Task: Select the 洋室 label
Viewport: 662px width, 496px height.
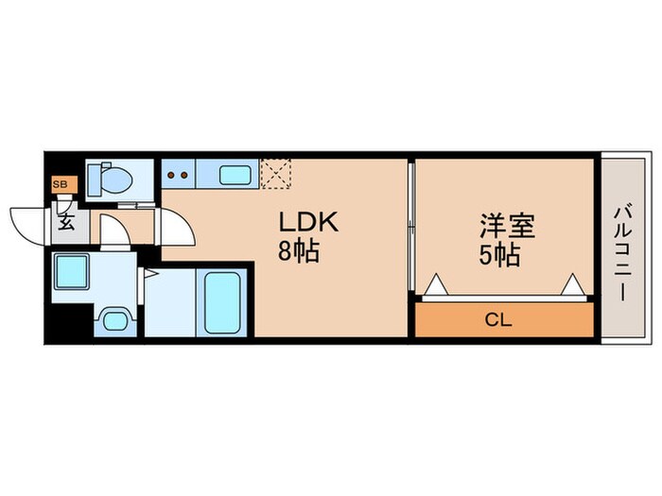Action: point(507,227)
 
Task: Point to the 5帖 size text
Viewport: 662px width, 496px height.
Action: point(499,255)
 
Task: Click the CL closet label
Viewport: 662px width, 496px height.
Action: point(498,320)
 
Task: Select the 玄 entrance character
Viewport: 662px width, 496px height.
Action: point(66,223)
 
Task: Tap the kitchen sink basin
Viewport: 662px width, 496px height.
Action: point(235,175)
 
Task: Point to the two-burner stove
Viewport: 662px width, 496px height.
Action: point(178,174)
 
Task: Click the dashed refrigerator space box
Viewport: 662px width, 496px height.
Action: point(277,174)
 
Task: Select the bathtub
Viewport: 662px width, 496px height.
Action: point(223,301)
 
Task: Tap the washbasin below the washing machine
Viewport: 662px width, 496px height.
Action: point(115,319)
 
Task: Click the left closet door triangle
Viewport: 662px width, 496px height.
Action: point(434,285)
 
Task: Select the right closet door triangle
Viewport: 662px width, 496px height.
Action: point(572,285)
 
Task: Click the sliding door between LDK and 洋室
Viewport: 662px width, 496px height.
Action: point(411,227)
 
